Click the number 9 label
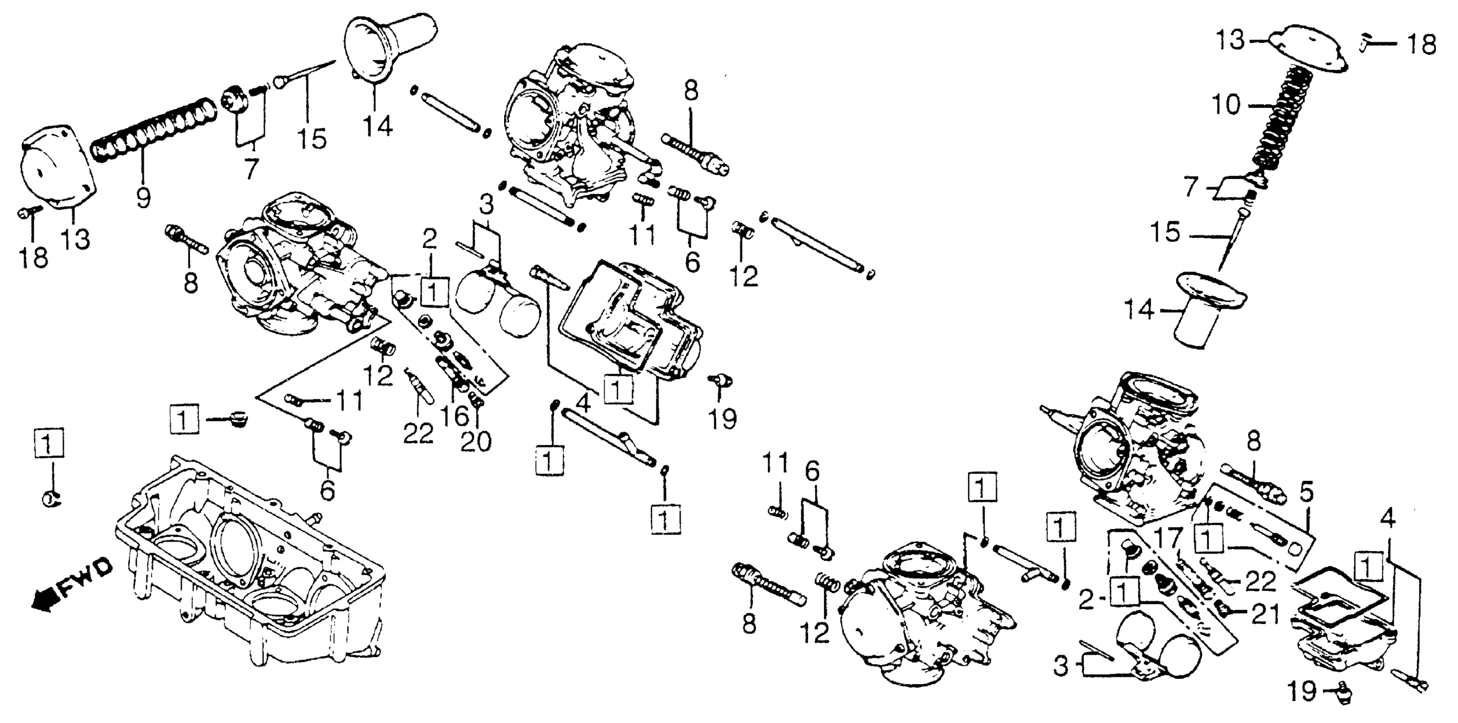[143, 198]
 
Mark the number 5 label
[1306, 494]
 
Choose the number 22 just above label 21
[1261, 581]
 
